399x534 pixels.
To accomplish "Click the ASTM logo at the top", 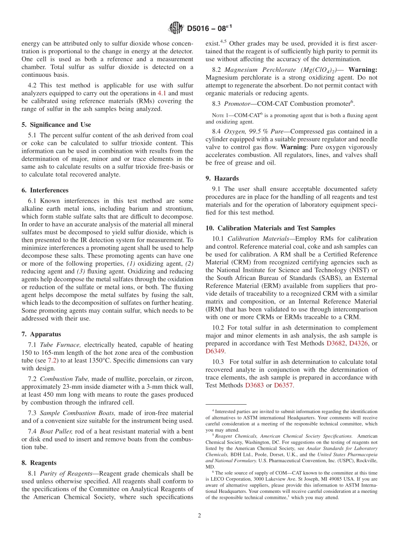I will point(175,28).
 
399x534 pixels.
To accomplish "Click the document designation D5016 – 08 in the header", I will point(209,29).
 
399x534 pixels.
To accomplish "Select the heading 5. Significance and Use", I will point(56,125).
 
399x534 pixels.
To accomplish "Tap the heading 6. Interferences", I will point(45,190).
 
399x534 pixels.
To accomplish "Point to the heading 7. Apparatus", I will point(41,334).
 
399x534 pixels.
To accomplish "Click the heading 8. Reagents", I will point(39,463).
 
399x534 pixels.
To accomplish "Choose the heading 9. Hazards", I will point(222,178).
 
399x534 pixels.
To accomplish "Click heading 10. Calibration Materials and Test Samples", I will point(270,228).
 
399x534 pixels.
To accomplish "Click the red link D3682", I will point(336,343).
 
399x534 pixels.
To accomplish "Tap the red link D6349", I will point(215,351).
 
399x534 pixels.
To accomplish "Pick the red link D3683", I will point(255,385).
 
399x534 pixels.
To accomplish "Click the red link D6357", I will point(283,385).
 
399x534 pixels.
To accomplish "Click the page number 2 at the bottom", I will point(199,516).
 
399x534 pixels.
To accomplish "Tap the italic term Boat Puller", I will point(56,431).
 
